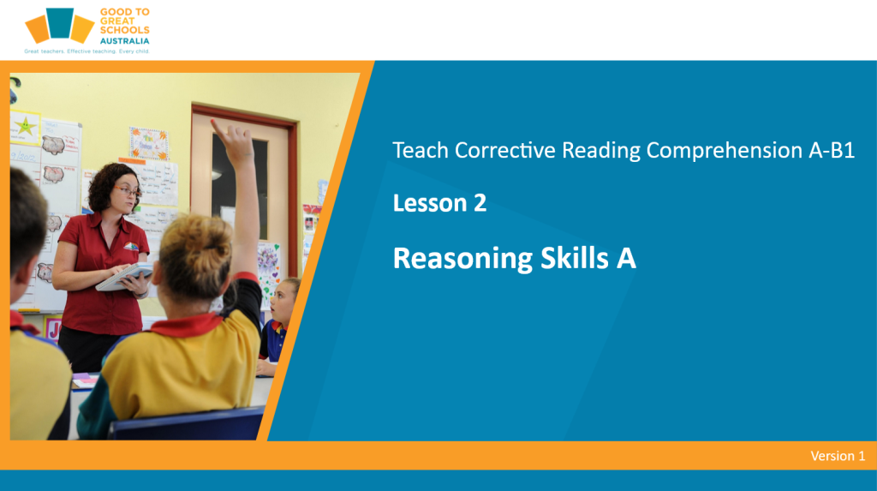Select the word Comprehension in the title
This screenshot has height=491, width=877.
724,151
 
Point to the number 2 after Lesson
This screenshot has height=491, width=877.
480,203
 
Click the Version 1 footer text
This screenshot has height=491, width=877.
838,456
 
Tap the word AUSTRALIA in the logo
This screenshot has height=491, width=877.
125,41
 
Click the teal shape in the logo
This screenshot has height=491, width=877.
60,23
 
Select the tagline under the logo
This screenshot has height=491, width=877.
87,51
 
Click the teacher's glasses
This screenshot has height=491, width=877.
128,192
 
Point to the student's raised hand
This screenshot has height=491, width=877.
235,140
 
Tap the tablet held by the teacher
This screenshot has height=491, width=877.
125,277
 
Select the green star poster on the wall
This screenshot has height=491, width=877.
25,127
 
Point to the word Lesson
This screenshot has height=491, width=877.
430,203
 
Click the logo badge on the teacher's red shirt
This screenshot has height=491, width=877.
130,246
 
